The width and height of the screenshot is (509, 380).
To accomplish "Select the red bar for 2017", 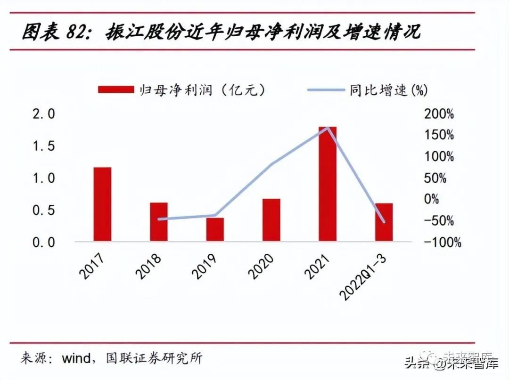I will click(102, 204).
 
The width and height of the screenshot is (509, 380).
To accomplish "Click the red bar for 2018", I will click(159, 222).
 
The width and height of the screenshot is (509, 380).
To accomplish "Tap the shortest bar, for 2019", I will click(215, 229).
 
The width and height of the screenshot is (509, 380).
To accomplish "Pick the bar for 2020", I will click(271, 220).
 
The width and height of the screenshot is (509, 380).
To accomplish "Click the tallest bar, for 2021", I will click(328, 184).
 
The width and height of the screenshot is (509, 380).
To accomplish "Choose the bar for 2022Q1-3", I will click(384, 222).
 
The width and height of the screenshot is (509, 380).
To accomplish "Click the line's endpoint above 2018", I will click(159, 219).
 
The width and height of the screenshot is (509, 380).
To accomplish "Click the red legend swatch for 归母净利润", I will click(115, 89).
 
